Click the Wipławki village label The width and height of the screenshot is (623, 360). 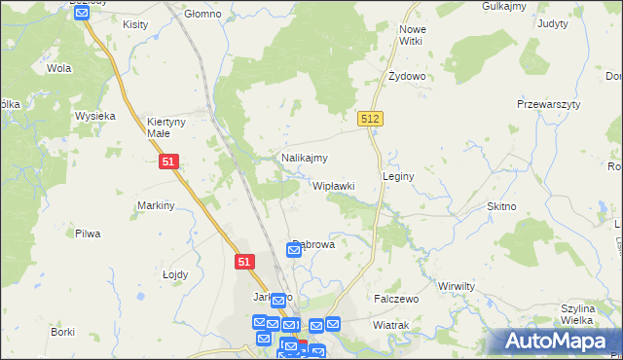(333, 185)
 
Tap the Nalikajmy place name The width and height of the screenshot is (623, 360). (304, 158)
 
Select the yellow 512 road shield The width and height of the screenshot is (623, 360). (369, 118)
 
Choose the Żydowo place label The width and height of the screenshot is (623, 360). (407, 76)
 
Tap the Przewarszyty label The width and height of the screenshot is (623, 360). (548, 104)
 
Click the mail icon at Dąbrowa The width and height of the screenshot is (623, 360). (293, 251)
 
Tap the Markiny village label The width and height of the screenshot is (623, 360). (156, 205)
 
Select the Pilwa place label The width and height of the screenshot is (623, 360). (88, 234)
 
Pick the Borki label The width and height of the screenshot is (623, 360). (63, 332)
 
